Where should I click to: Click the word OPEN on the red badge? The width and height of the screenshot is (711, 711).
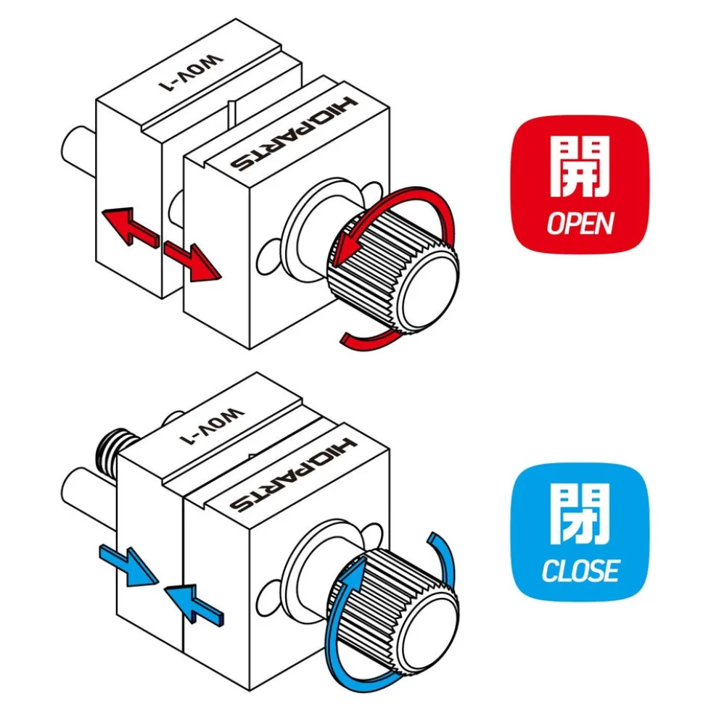tap(580, 223)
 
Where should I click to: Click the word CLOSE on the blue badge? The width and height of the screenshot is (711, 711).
tap(580, 570)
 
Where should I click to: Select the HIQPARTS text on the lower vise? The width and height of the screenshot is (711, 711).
tap(294, 475)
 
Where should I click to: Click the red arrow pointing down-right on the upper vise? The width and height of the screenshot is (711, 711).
tap(193, 262)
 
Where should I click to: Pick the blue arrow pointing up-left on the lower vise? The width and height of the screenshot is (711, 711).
tap(194, 603)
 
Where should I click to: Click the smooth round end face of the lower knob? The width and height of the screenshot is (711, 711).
tap(430, 633)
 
